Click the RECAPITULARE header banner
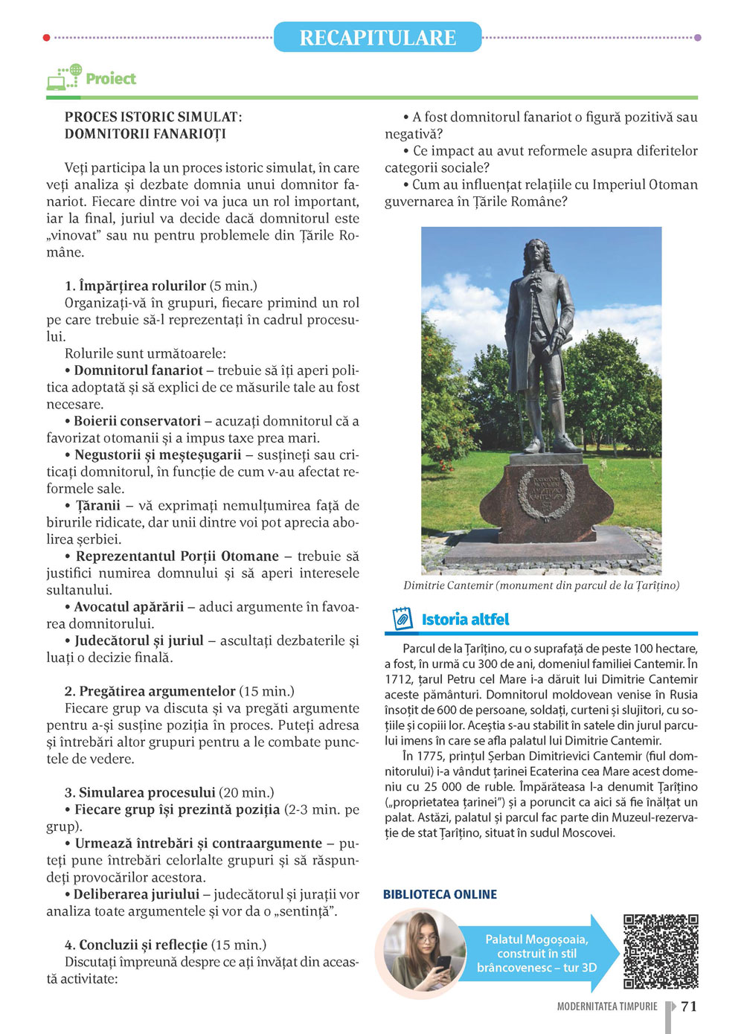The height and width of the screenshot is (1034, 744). pos(377,37)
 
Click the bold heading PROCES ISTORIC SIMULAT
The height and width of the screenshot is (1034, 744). pos(153,118)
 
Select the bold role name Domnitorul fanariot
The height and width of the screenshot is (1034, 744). pos(138,370)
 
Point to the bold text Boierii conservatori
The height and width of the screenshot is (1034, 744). pos(137,421)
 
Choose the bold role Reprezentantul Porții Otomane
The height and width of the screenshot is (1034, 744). pos(177,556)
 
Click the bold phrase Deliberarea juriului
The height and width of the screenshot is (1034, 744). pos(136,894)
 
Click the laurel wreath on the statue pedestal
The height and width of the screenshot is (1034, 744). pos(545,493)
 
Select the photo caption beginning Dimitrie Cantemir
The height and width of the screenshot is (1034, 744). pos(541,585)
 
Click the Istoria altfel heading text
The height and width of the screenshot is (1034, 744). pos(465,620)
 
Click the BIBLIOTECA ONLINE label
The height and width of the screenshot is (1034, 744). pos(440,894)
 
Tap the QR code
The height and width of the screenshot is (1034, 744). pos(660,951)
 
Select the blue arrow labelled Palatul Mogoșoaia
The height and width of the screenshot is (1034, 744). pos(536,953)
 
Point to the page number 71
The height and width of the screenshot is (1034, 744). pos(689,1006)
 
